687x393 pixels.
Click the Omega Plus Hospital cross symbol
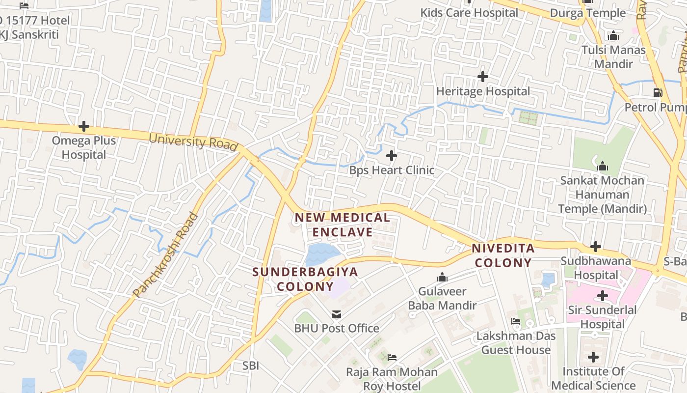coord(84,127)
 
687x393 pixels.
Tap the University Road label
coord(193,141)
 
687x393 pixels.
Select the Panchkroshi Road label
coord(165,255)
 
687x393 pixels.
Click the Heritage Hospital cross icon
coord(483,77)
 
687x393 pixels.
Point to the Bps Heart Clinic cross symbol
coord(391,156)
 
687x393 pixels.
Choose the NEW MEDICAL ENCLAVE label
coord(343,225)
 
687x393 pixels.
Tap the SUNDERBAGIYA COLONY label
coord(305,279)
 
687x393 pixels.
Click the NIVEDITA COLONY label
coord(503,255)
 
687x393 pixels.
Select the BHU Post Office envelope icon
coord(336,314)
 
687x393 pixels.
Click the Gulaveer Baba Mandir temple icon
coord(442,278)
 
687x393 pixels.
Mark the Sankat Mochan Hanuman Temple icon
coord(603,167)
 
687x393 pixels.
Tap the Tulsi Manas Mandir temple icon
coord(613,36)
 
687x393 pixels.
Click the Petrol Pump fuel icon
coord(658,92)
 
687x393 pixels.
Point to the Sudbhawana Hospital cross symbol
coord(596,246)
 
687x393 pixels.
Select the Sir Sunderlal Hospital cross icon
coord(602,296)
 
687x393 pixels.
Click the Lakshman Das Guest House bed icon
coord(515,321)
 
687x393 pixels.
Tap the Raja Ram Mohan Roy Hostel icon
coord(392,357)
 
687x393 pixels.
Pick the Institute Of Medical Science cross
coord(593,357)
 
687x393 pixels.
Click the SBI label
coord(250,365)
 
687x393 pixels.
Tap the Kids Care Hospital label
coord(469,13)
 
